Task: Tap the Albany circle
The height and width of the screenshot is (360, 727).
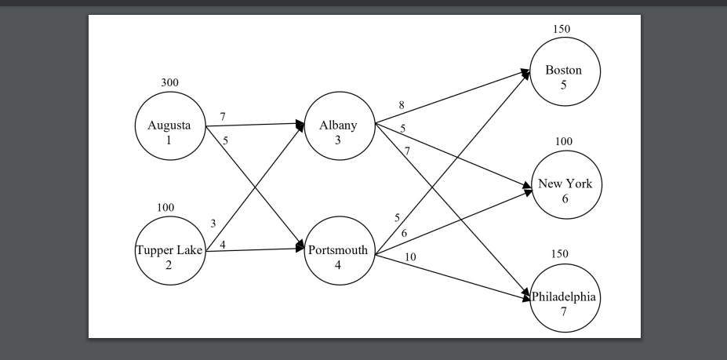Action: (340, 126)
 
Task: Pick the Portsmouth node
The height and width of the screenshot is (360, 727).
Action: (340, 256)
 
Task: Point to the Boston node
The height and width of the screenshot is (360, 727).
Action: (564, 71)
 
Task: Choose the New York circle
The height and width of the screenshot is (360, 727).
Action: (564, 185)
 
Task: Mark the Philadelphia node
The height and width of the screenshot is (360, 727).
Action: (564, 298)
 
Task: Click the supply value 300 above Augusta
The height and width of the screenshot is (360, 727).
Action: (169, 82)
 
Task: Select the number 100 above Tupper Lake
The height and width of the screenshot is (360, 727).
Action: (165, 207)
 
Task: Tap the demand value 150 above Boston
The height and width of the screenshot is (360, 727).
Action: (562, 29)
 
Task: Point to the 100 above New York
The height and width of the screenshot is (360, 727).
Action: (564, 141)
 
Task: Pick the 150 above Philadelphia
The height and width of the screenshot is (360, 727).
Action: (559, 254)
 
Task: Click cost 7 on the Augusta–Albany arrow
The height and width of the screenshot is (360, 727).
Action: (223, 116)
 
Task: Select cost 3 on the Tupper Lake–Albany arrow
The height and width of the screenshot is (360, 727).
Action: (213, 224)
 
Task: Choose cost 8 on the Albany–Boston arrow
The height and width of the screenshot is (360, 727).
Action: (402, 105)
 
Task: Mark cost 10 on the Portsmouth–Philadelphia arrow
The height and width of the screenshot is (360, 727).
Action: (410, 256)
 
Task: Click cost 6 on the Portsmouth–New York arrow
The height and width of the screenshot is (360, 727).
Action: (404, 233)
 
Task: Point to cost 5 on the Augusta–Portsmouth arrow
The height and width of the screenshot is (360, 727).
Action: (225, 141)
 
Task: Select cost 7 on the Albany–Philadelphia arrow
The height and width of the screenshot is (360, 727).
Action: (407, 150)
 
